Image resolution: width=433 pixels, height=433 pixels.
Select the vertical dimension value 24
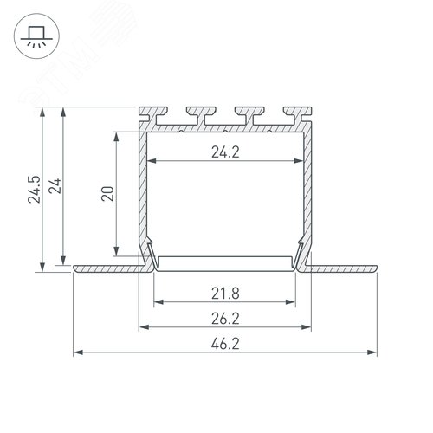[x=55, y=188]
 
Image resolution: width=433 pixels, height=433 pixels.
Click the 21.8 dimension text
[x=225, y=291]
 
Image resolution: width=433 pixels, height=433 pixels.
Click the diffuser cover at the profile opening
[x=225, y=263]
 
